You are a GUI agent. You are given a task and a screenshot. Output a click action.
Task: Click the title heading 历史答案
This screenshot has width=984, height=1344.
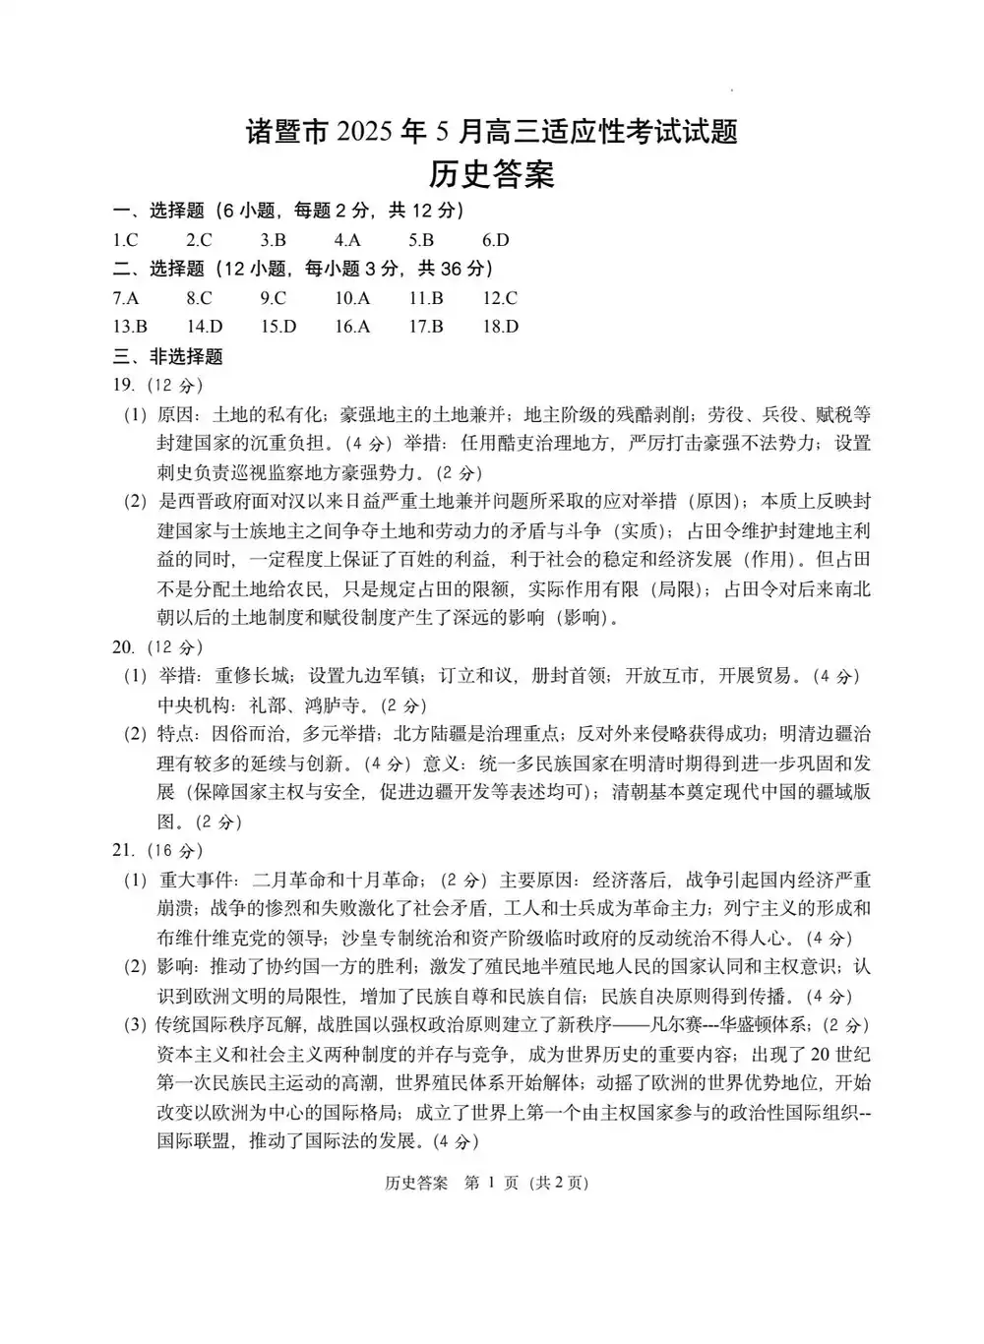(x=492, y=174)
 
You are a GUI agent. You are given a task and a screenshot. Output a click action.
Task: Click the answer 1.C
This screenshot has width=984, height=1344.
(x=125, y=240)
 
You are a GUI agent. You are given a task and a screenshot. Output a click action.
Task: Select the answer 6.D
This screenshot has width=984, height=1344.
(x=495, y=240)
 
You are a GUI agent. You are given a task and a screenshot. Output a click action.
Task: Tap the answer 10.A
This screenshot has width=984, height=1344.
(x=351, y=298)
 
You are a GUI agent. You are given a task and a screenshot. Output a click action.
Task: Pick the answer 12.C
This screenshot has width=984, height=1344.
(x=499, y=298)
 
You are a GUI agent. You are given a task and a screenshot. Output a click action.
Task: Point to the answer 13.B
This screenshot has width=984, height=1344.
(x=130, y=327)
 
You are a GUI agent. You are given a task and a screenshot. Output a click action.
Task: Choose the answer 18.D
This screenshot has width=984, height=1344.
(x=500, y=327)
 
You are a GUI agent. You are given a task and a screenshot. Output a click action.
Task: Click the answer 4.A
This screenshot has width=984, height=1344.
(x=346, y=240)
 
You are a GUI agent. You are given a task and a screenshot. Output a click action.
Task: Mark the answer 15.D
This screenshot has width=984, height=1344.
(x=278, y=327)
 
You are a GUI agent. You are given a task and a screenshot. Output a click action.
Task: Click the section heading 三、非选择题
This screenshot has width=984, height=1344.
(x=168, y=356)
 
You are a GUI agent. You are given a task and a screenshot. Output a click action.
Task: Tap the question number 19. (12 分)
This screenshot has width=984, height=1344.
(x=157, y=385)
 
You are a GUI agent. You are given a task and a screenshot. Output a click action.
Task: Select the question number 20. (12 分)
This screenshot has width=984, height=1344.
(x=157, y=646)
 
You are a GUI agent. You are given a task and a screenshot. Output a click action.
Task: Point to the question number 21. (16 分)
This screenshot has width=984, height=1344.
(x=157, y=850)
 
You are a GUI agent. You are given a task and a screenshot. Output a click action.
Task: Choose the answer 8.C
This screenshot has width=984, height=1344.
(x=199, y=298)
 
